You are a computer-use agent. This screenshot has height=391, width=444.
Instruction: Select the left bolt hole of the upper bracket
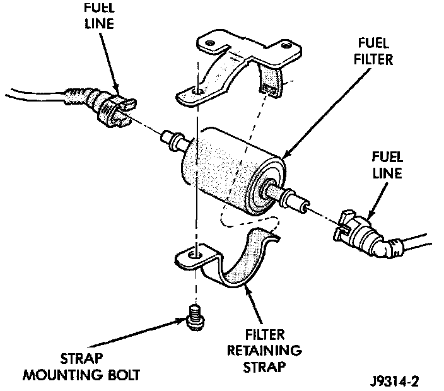coord(200,93)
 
